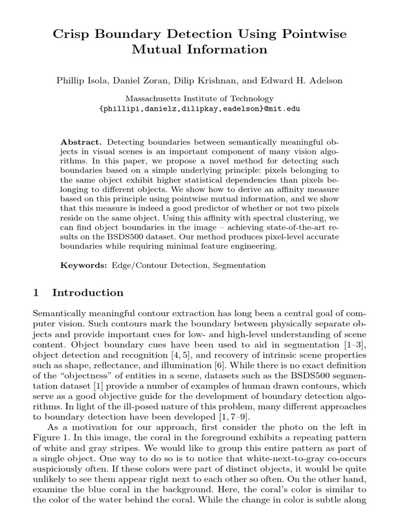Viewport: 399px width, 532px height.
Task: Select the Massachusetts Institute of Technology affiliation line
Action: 199,99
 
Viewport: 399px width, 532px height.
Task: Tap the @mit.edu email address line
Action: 199,109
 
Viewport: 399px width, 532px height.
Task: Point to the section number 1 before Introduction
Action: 36,293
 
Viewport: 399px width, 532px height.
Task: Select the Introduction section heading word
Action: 88,293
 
